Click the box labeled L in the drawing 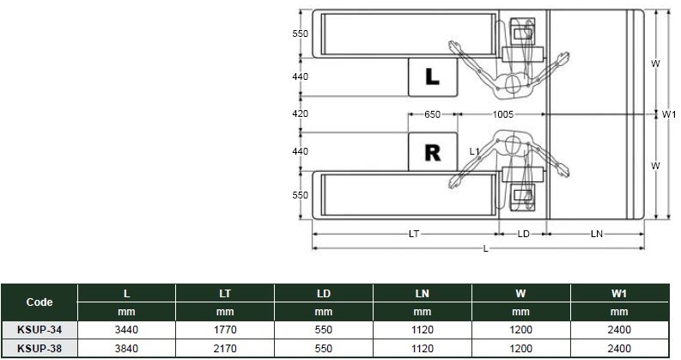pyautogui.click(x=433, y=77)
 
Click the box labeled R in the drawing pyautogui.click(x=433, y=152)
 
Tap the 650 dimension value pyautogui.click(x=432, y=114)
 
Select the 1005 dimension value pyautogui.click(x=503, y=114)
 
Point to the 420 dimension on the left pyautogui.click(x=300, y=113)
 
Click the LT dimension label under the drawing pyautogui.click(x=414, y=234)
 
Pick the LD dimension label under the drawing pyautogui.click(x=523, y=234)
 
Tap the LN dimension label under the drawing pyautogui.click(x=597, y=234)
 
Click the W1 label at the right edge pyautogui.click(x=669, y=114)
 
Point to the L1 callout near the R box pyautogui.click(x=474, y=151)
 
